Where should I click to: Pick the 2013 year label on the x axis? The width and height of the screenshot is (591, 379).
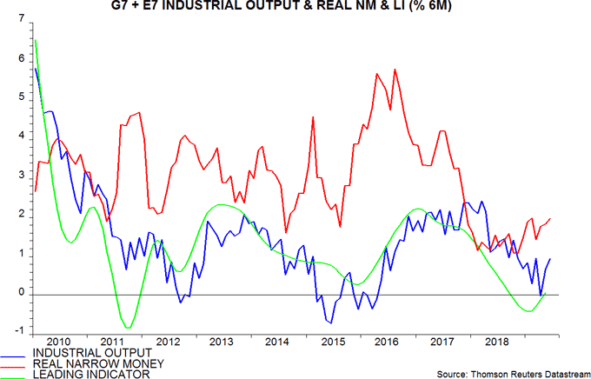click(x=220, y=341)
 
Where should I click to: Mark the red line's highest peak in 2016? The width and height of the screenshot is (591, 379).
click(x=395, y=70)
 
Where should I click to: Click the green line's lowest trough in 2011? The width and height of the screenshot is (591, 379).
click(x=128, y=328)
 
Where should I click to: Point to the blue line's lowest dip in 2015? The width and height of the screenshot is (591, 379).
click(x=330, y=323)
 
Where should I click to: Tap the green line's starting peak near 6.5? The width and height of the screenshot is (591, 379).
click(x=34, y=39)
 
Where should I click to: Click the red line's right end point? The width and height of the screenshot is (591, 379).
click(x=551, y=218)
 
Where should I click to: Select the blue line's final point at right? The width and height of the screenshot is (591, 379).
click(x=551, y=259)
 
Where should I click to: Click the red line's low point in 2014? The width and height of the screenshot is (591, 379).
click(x=286, y=232)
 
